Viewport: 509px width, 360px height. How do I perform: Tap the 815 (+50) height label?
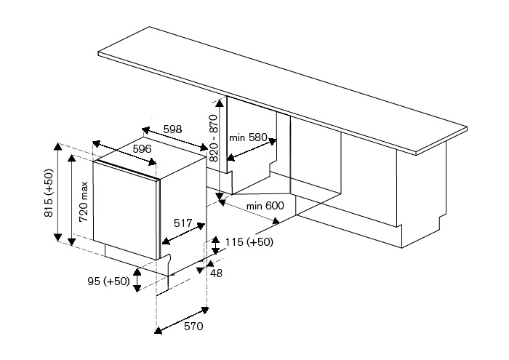tap(49, 193)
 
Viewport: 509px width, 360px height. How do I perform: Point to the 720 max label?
tap(84, 201)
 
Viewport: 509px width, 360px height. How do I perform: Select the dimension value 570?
tap(193, 327)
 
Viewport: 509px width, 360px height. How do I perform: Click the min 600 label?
tap(265, 206)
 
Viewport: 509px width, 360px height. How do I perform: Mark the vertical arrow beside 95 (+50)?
tap(137, 281)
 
